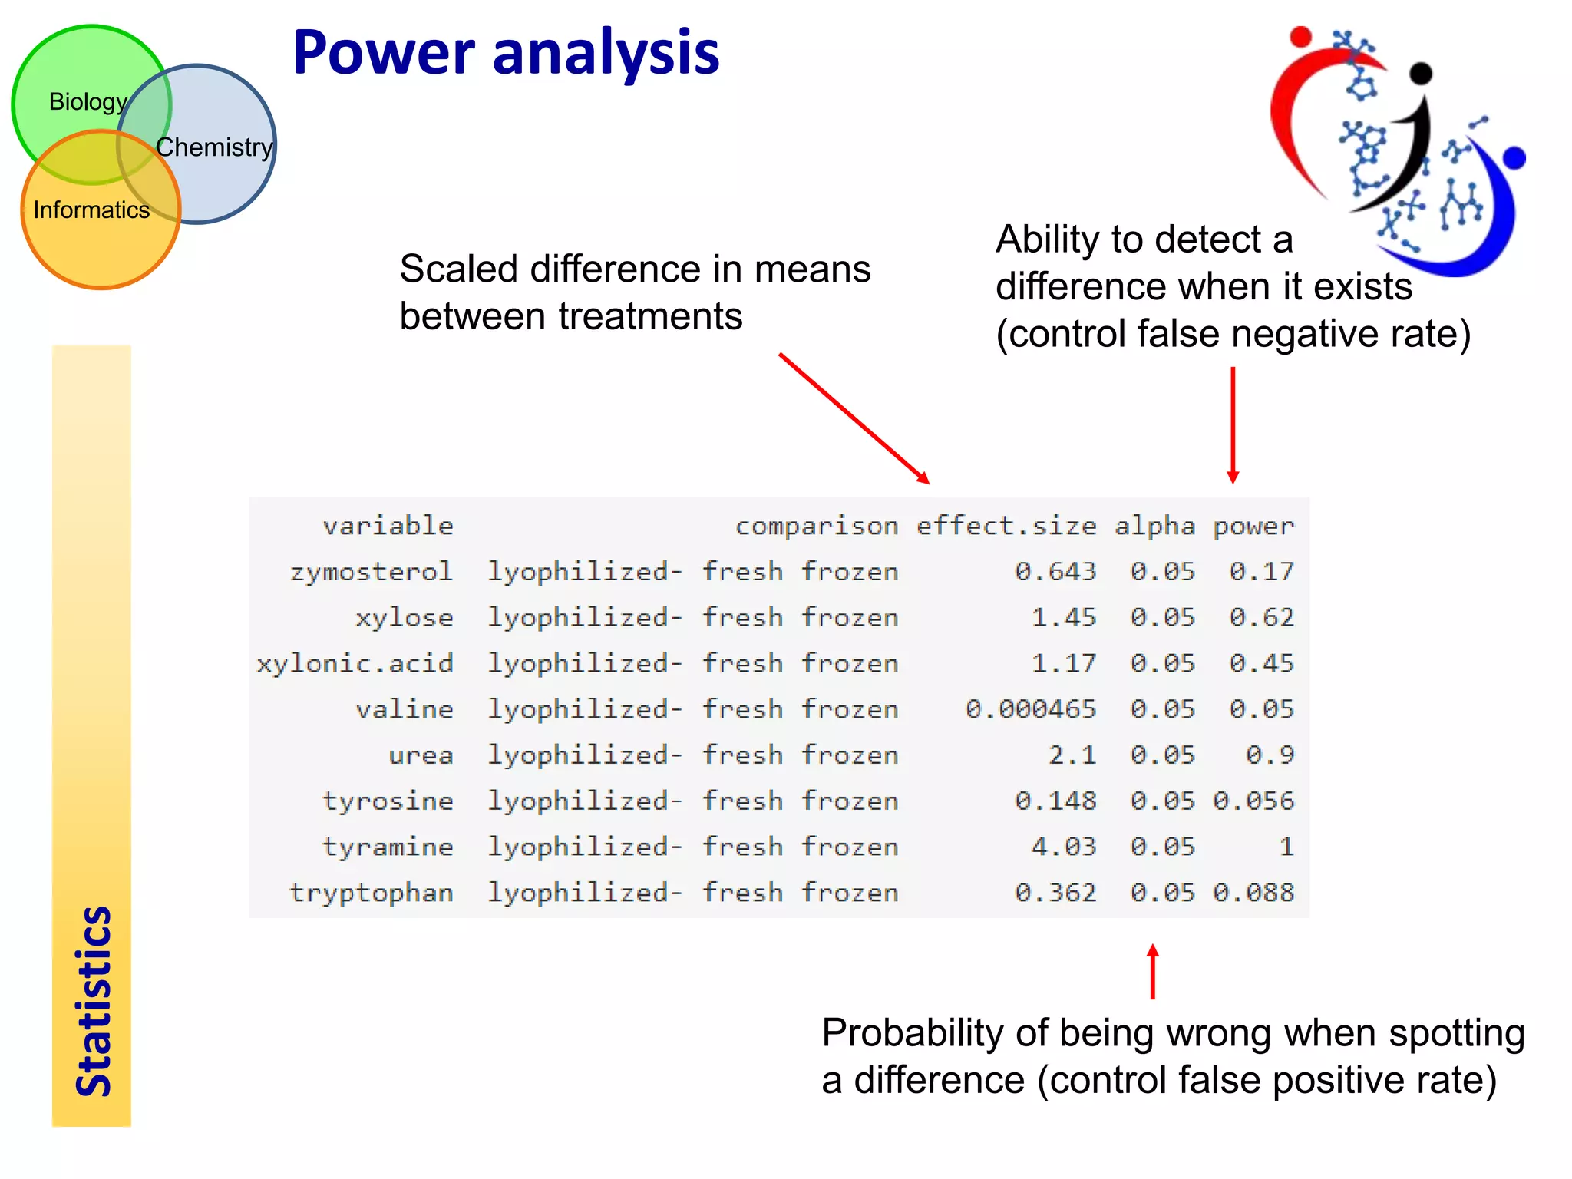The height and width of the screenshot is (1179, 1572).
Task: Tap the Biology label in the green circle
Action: click(x=88, y=101)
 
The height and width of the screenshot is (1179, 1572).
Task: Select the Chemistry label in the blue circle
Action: click(x=214, y=147)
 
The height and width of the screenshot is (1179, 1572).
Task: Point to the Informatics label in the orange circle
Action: click(x=91, y=210)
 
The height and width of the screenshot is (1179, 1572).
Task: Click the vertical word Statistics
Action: click(x=94, y=1001)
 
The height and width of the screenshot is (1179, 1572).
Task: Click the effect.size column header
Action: click(x=1006, y=526)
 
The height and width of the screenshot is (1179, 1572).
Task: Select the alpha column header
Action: click(x=1154, y=526)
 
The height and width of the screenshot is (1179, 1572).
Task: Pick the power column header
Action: click(x=1253, y=526)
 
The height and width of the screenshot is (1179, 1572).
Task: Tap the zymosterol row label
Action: click(x=372, y=572)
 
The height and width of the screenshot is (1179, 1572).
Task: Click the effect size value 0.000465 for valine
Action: click(x=1030, y=708)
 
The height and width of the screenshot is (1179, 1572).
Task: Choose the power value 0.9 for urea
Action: click(x=1270, y=755)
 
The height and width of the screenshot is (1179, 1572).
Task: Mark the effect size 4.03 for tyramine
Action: click(x=1063, y=847)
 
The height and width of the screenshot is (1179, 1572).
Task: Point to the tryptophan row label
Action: click(x=372, y=893)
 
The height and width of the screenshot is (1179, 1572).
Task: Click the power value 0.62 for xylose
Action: click(x=1261, y=617)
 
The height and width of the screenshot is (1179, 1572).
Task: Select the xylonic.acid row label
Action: click(x=355, y=663)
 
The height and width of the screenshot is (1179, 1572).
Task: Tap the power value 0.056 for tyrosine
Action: click(x=1253, y=801)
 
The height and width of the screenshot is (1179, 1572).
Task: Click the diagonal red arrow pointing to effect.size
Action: click(x=854, y=418)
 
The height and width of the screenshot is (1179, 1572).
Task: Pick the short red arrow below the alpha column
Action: click(x=1152, y=972)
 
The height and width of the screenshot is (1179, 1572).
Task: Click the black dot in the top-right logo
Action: click(x=1421, y=73)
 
